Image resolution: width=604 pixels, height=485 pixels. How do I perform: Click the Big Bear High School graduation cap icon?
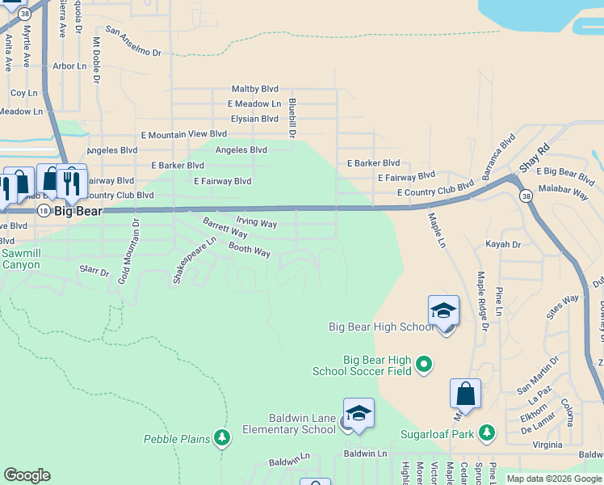click(443, 311)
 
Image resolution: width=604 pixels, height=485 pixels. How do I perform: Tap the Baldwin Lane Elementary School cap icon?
click(359, 414)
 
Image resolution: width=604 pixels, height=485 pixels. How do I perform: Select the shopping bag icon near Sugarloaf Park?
click(465, 394)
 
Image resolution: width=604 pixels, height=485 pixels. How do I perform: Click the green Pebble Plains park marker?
click(222, 439)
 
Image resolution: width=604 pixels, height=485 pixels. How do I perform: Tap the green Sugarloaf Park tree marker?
click(486, 433)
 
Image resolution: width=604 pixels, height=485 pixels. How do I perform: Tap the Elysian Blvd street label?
click(254, 119)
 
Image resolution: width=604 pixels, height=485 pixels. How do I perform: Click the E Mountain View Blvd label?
click(184, 134)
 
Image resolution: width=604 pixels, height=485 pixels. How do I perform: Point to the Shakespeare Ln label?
click(195, 260)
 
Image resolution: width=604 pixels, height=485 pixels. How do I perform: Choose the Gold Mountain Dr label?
click(129, 251)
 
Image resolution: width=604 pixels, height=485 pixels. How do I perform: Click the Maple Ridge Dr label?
click(483, 302)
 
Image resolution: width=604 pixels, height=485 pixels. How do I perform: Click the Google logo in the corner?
click(27, 475)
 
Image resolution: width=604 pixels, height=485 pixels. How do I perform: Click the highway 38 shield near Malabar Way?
click(526, 196)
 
